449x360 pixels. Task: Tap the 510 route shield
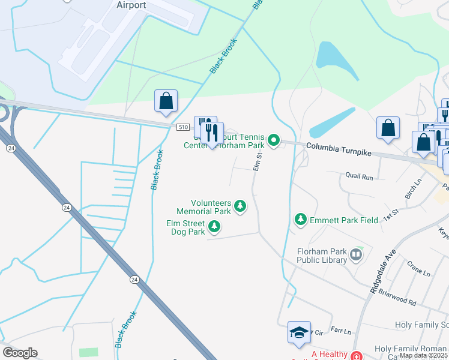click(183, 127)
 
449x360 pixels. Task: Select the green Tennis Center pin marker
click(274, 141)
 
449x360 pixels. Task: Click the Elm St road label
click(258, 161)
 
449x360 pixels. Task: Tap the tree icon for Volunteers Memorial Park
click(240, 207)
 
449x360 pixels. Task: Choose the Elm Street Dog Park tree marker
click(214, 227)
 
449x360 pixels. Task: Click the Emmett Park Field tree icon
click(301, 220)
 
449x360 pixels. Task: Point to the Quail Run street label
click(359, 177)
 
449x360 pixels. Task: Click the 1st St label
click(391, 214)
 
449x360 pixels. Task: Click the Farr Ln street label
click(340, 330)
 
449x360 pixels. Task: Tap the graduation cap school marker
click(299, 332)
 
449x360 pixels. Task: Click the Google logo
click(20, 353)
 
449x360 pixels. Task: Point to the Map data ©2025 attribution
click(423, 355)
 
